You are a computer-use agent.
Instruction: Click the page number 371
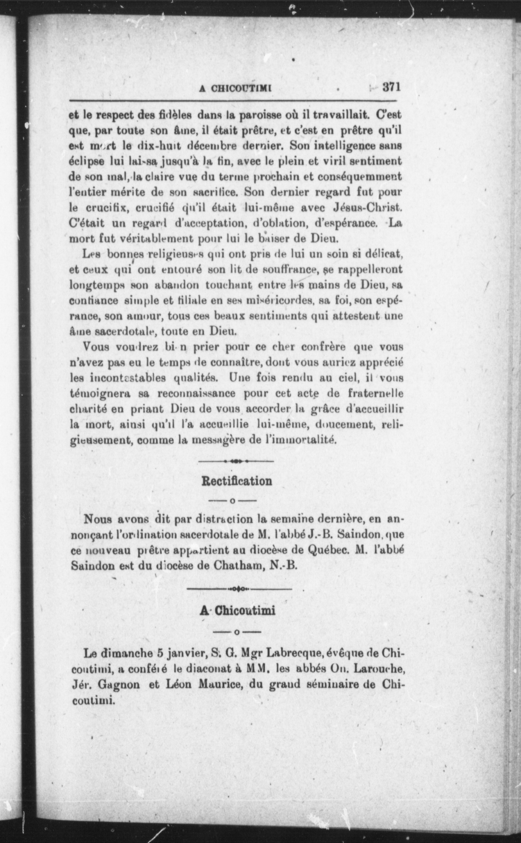click(x=391, y=87)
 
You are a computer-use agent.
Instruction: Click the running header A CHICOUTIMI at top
click(x=236, y=88)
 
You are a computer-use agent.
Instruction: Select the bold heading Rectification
click(x=236, y=481)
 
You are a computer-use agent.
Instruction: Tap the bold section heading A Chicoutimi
click(x=237, y=610)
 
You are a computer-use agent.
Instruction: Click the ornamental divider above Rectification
click(x=236, y=461)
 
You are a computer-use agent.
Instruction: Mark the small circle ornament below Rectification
click(x=233, y=500)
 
